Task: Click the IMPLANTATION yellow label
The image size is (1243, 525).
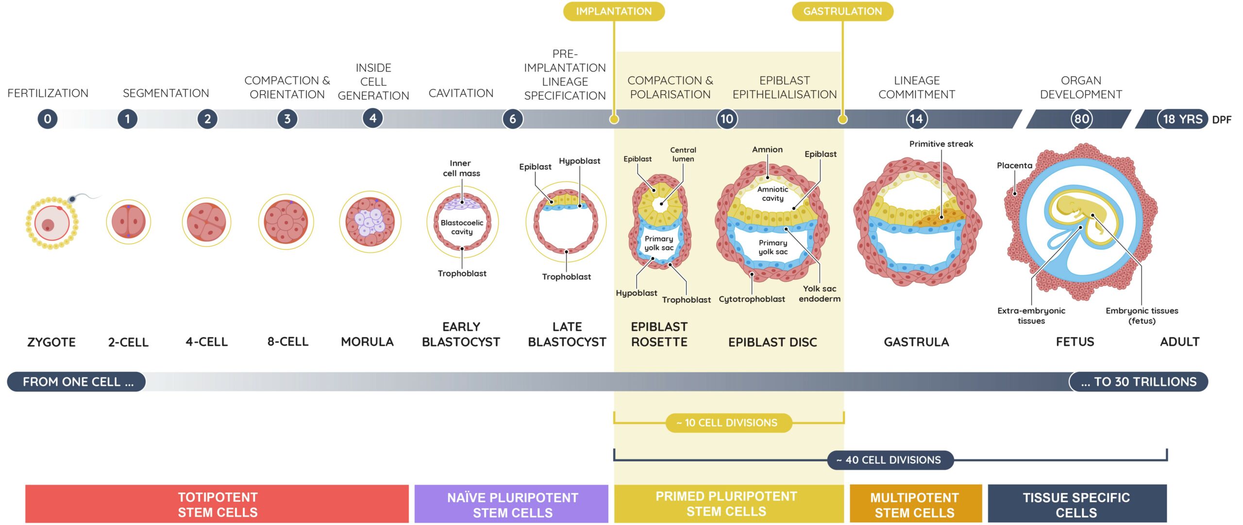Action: [x=614, y=11]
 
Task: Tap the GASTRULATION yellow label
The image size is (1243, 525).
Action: [x=842, y=11]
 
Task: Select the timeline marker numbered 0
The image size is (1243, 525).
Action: [x=48, y=119]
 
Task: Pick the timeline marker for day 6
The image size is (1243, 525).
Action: [x=512, y=119]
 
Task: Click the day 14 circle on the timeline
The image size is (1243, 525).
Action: [x=916, y=119]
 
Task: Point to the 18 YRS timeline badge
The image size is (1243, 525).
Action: [x=1183, y=119]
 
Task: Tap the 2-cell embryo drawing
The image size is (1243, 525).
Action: [x=128, y=222]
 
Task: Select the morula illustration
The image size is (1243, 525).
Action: [x=370, y=222]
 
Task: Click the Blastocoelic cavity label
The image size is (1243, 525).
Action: [x=462, y=227]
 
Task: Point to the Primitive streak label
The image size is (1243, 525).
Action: [x=941, y=144]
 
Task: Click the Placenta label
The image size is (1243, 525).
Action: [x=1014, y=165]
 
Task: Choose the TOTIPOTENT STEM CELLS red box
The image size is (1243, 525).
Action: [x=217, y=504]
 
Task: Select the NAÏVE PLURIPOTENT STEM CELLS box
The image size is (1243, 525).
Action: [x=511, y=504]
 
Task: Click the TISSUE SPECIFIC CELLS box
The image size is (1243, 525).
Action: [x=1077, y=504]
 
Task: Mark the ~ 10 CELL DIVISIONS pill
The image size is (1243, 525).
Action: [x=728, y=423]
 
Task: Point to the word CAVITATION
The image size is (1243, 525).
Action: [x=461, y=93]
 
